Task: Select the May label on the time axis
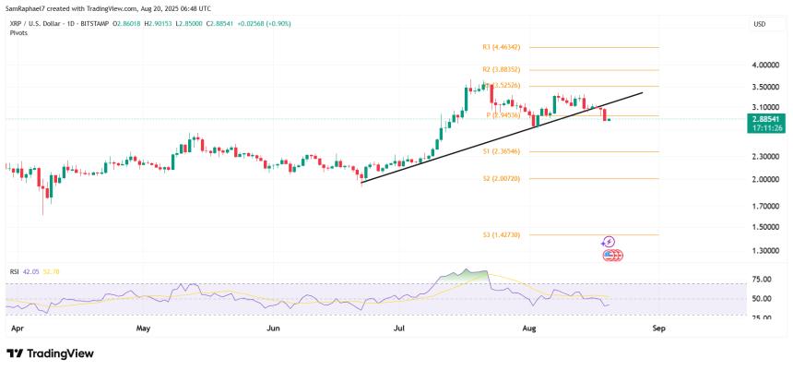142,328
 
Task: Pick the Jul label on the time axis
400,328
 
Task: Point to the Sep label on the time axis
658,328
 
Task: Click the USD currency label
760,24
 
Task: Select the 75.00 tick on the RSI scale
763,279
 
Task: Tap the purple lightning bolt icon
609,242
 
